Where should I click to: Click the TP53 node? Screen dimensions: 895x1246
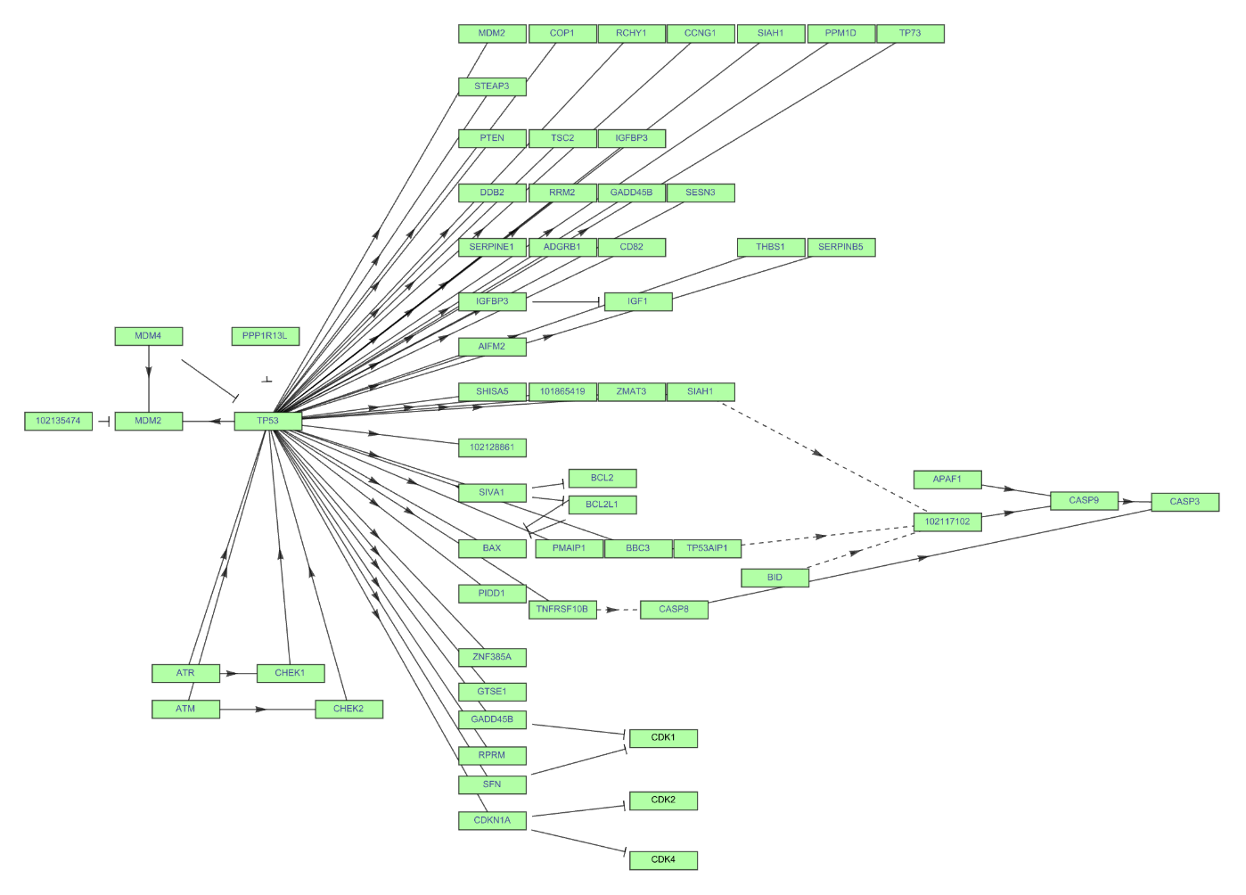click(x=267, y=421)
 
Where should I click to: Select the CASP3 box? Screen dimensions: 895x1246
click(x=1185, y=502)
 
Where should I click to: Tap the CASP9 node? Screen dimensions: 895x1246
click(x=1084, y=501)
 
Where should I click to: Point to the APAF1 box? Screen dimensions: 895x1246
click(x=947, y=480)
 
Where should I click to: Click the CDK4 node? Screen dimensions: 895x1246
click(x=663, y=860)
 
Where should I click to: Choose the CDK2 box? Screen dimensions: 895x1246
click(x=663, y=801)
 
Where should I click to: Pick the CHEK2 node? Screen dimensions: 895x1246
click(x=348, y=710)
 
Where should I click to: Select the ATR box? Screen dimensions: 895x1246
click(x=185, y=673)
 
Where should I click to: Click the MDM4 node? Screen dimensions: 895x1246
click(x=148, y=336)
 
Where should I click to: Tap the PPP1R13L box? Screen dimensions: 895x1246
click(x=265, y=336)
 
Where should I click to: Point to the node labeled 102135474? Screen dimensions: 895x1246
click(x=58, y=421)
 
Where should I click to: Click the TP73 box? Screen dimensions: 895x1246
click(x=910, y=34)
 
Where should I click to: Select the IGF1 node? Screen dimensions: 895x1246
click(x=637, y=301)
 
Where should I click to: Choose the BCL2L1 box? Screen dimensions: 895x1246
click(x=602, y=505)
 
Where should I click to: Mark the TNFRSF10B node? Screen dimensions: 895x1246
click(x=562, y=610)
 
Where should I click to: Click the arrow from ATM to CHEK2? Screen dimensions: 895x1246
click(x=267, y=710)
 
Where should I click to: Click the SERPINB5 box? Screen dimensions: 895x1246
click(x=840, y=247)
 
